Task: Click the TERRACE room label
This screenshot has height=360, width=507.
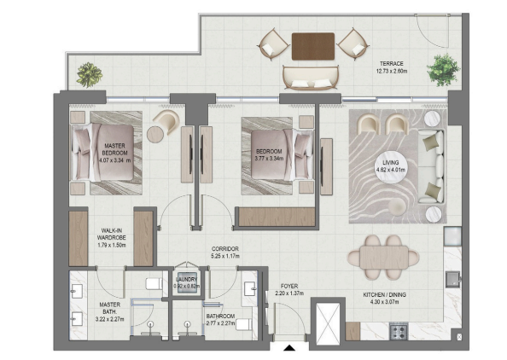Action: [391, 64]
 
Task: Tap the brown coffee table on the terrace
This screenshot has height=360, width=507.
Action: [313, 46]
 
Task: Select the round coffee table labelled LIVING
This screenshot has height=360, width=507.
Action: [391, 165]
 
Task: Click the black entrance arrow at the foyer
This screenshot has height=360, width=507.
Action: [289, 348]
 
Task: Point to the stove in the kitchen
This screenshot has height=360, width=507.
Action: [399, 331]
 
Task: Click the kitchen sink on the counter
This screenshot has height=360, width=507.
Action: [453, 279]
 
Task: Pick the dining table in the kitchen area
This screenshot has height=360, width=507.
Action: [383, 258]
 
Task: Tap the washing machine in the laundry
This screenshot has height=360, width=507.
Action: [187, 283]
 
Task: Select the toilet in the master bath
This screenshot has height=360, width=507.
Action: [154, 284]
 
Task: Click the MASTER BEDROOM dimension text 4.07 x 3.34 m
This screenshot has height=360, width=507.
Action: [114, 160]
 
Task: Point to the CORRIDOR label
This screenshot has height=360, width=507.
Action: [225, 249]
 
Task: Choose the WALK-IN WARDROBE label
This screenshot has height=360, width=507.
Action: [112, 235]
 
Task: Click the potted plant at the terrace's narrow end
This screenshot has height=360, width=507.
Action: [90, 75]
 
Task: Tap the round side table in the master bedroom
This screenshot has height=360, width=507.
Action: [155, 134]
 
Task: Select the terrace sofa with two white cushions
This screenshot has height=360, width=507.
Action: [311, 78]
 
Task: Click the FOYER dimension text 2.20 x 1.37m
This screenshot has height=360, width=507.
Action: [289, 293]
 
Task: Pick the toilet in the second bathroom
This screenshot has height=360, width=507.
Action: [244, 324]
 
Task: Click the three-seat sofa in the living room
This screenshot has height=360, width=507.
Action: [431, 166]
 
